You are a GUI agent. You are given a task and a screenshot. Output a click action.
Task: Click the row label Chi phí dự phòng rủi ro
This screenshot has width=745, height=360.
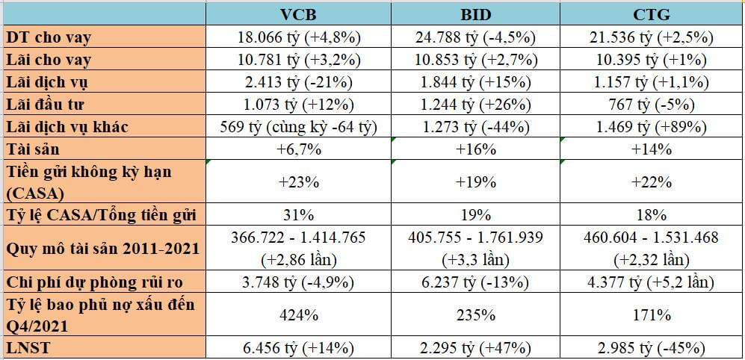pyautogui.click(x=93, y=282)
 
